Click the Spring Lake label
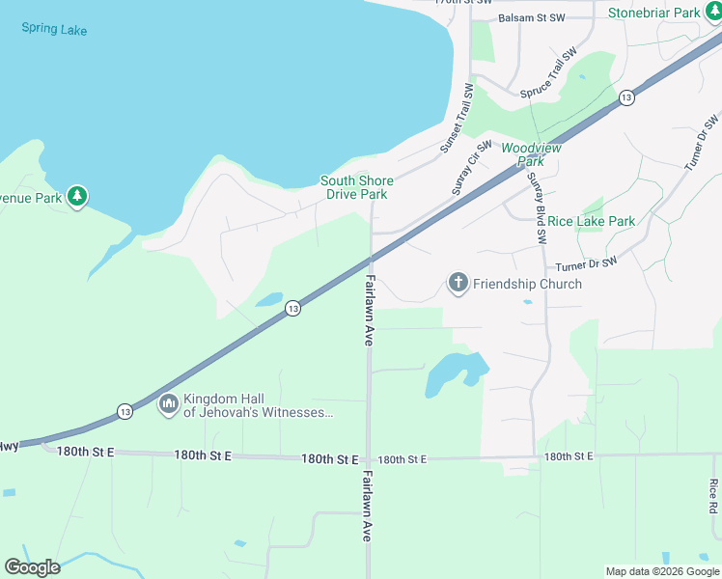pos(54,29)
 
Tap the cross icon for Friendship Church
pos(458,283)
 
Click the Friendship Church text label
pos(527,284)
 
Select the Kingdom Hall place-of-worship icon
pos(168,403)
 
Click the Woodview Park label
pos(530,154)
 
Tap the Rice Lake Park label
pos(591,221)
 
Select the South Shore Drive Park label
pos(357,187)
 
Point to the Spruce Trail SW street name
pos(548,72)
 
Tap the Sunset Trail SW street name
pos(456,119)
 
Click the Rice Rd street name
pos(712,497)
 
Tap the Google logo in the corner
pos(32,567)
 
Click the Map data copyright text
pos(662,571)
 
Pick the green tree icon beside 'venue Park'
pos(77,197)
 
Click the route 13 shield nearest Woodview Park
pos(626,97)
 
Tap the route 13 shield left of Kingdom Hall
pos(125,411)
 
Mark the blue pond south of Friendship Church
pos(454,372)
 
